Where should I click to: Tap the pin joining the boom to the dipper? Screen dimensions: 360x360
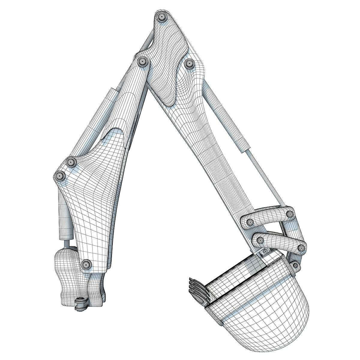(142, 62)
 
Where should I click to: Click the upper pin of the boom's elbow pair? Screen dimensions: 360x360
(71, 162)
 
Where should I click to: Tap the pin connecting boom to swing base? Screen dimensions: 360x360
(86, 264)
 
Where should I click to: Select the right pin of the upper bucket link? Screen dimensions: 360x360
(290, 214)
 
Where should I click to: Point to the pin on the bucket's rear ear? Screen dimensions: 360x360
(295, 265)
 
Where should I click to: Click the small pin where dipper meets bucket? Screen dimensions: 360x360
(265, 251)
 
